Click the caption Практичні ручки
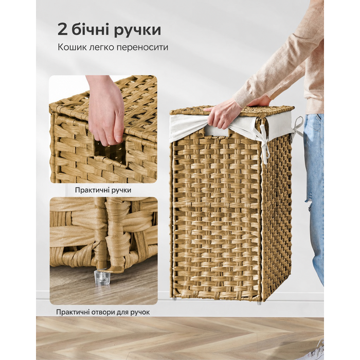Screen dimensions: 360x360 [103, 190]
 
